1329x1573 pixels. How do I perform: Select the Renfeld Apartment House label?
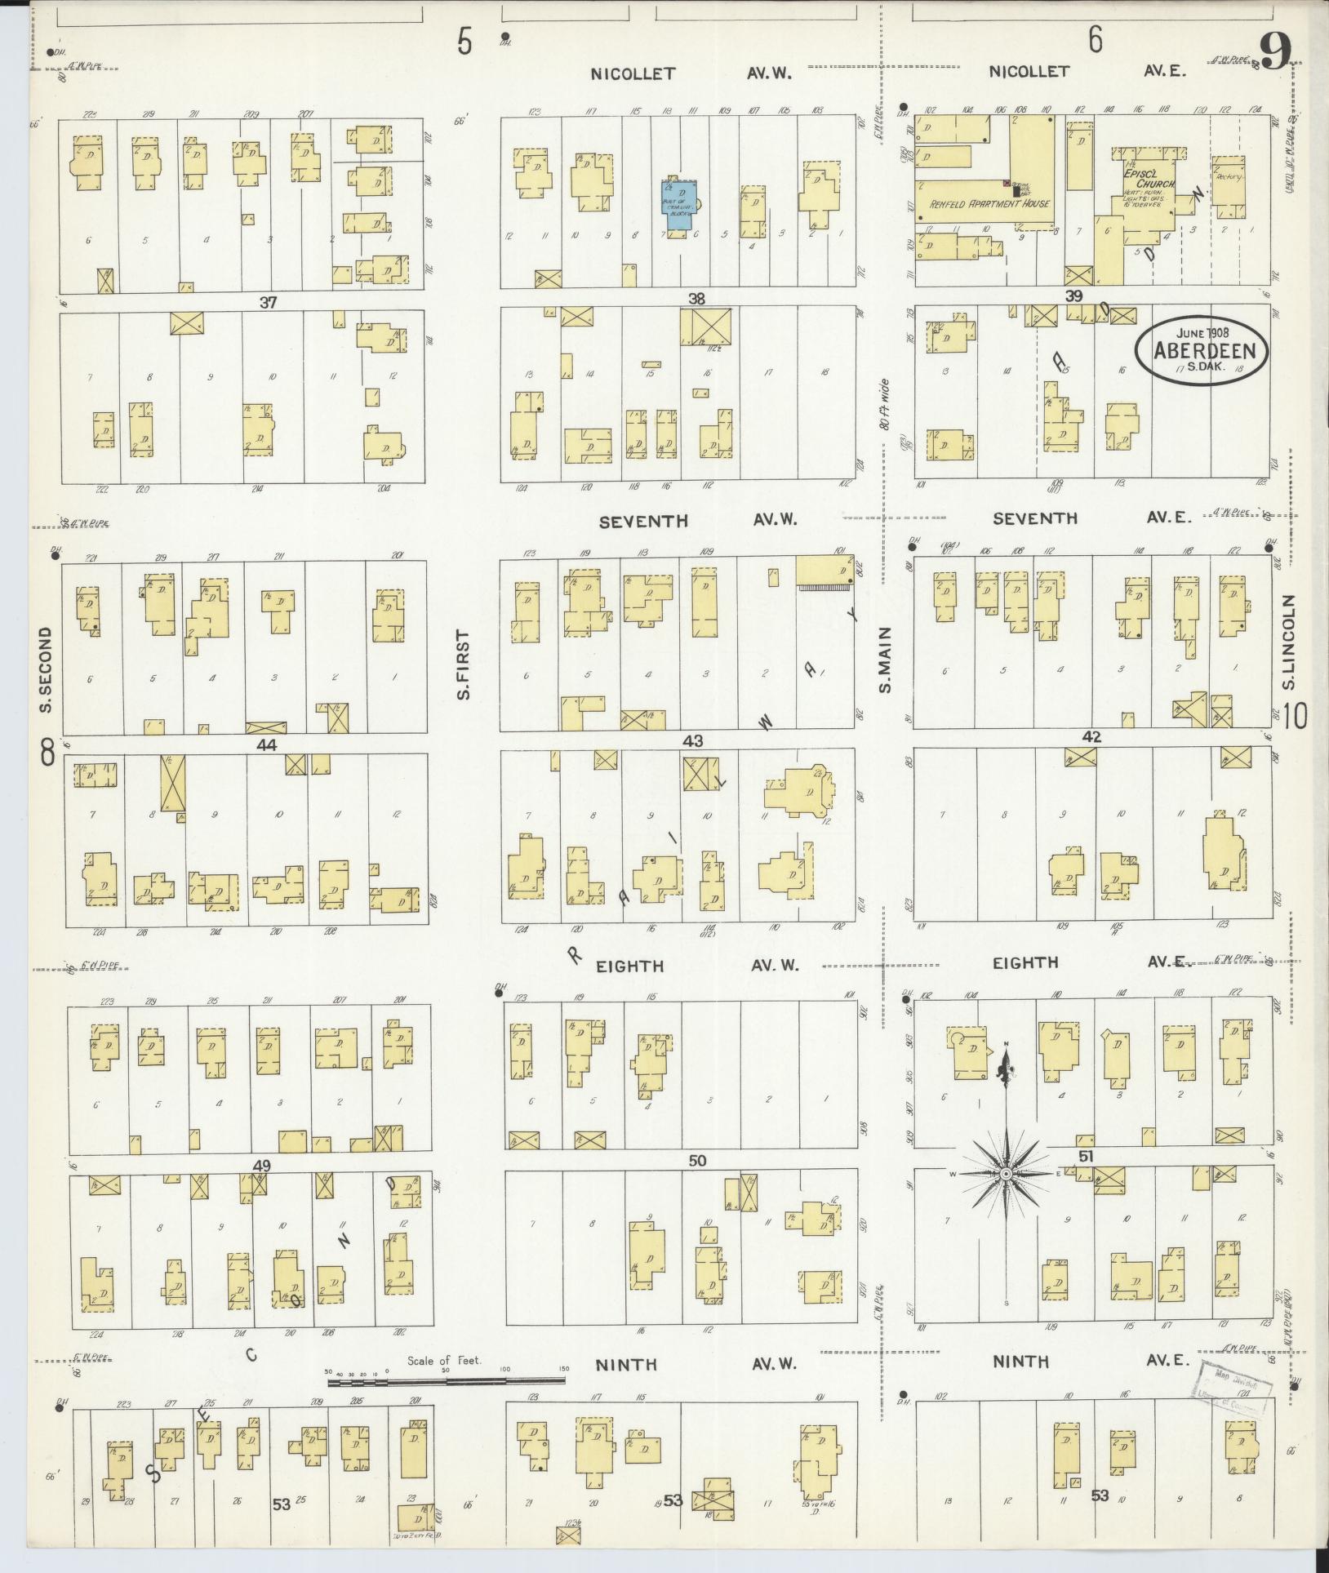point(989,203)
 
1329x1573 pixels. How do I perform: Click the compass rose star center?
point(1007,1173)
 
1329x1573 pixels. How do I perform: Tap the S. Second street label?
point(46,669)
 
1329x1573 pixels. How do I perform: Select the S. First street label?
point(463,664)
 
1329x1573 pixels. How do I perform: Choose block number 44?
point(266,744)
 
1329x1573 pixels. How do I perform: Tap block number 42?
point(1091,736)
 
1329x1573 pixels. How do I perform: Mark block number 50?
point(696,1161)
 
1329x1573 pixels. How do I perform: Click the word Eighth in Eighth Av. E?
point(1025,963)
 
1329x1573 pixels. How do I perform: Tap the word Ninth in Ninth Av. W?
point(627,1364)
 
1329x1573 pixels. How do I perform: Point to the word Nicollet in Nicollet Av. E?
point(1029,72)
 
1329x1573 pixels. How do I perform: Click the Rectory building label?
point(1227,177)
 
